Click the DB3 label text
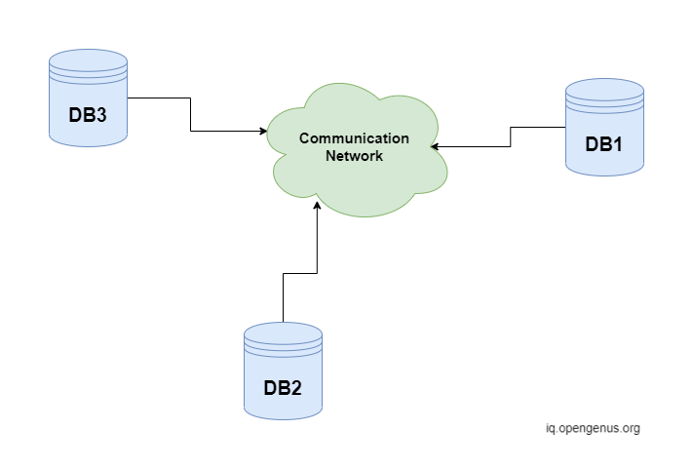(88, 114)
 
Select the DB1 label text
(604, 143)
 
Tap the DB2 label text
(283, 387)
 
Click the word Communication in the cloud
(354, 138)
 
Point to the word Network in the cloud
(355, 155)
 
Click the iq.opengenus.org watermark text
(593, 428)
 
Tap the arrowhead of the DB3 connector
(264, 131)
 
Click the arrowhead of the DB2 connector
(317, 206)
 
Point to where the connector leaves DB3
(129, 98)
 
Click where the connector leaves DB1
(564, 127)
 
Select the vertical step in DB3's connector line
(190, 114)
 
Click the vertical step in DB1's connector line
(510, 137)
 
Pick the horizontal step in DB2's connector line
(299, 274)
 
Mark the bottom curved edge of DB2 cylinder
(283, 417)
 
